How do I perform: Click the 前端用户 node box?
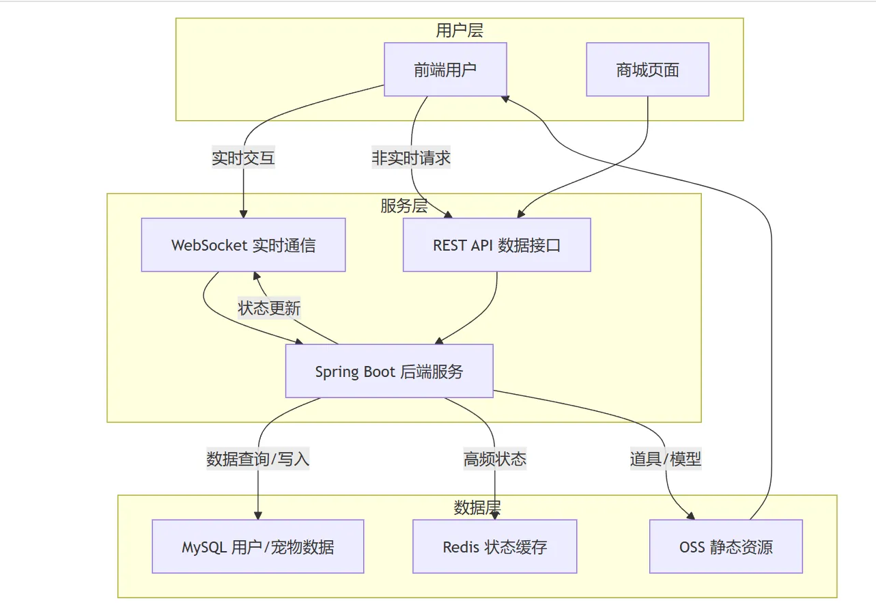click(445, 70)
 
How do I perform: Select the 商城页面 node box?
click(647, 70)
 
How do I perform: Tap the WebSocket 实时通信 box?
click(243, 245)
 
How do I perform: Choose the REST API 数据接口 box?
click(496, 245)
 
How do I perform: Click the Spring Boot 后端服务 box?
click(389, 371)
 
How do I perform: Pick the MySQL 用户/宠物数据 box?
click(257, 546)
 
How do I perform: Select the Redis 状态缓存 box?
click(494, 546)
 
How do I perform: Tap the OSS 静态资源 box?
click(726, 546)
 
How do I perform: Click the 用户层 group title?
click(460, 30)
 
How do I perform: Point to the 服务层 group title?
click(404, 206)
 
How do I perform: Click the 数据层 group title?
click(477, 507)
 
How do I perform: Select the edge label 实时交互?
click(243, 158)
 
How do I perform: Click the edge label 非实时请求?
click(411, 158)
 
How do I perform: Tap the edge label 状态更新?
click(269, 308)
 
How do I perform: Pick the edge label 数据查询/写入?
click(258, 459)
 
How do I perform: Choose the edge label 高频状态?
click(494, 459)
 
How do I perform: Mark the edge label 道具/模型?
click(665, 459)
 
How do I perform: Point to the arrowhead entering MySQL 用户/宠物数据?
click(258, 515)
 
